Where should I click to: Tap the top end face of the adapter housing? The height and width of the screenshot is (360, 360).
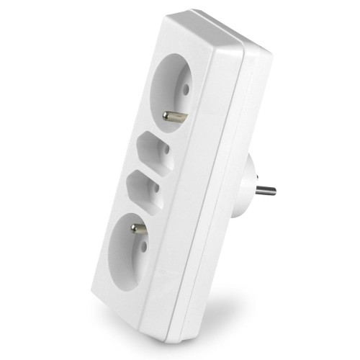216,29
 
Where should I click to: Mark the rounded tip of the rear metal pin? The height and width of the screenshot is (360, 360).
274,192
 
